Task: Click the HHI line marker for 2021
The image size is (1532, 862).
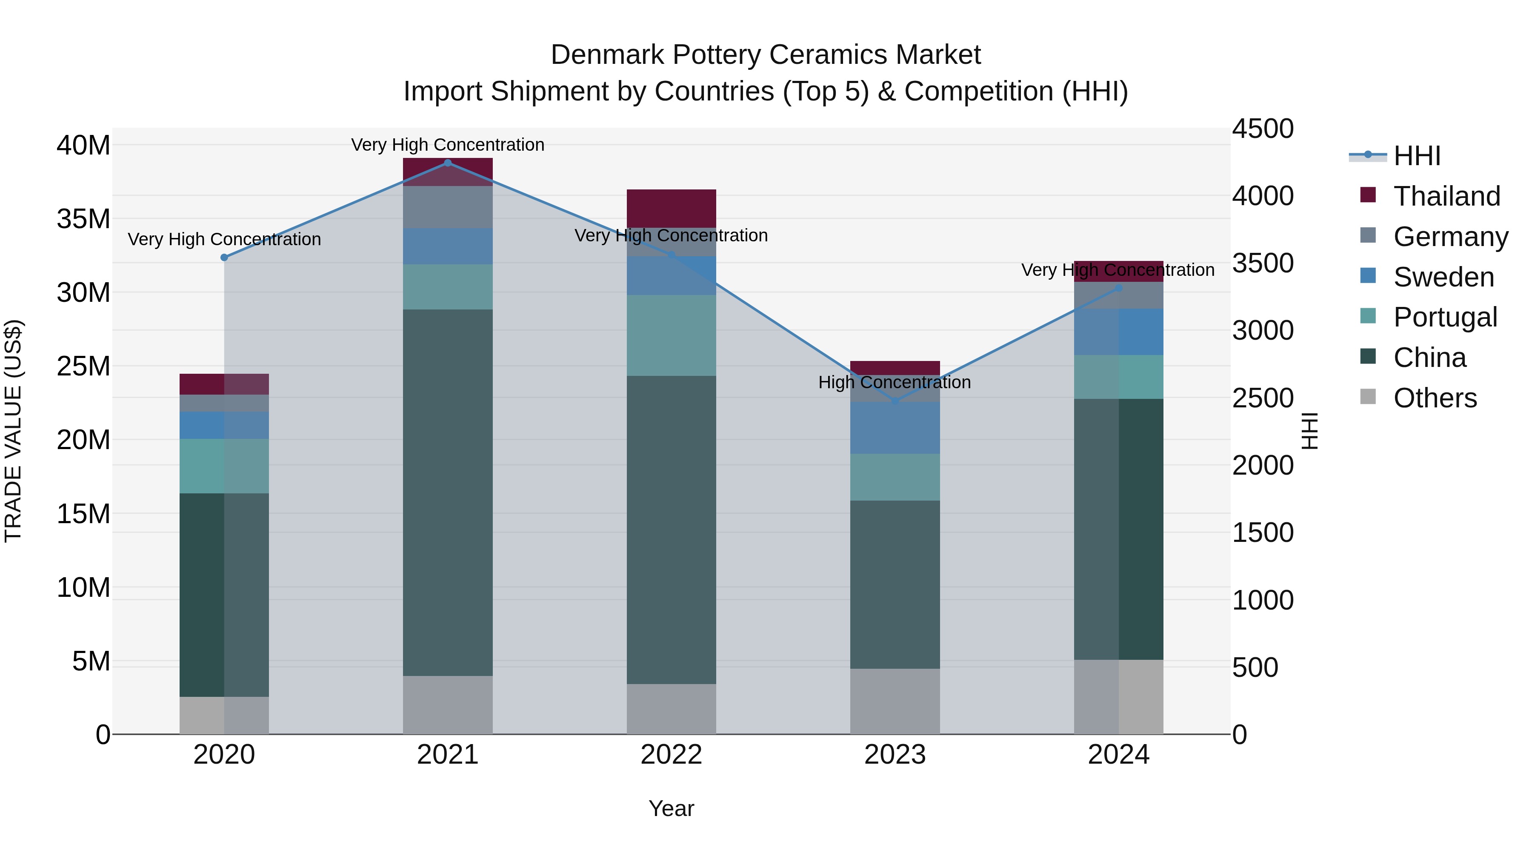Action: [448, 163]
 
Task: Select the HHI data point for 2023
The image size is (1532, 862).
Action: [895, 401]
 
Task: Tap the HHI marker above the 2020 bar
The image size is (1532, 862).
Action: [224, 258]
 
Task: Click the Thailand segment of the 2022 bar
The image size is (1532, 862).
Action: [672, 208]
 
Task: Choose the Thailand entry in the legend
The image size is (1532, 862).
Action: [1446, 196]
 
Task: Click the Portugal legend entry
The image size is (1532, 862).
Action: [1445, 317]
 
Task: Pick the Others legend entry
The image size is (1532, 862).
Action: [1435, 398]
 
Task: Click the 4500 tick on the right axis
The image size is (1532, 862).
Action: [1263, 129]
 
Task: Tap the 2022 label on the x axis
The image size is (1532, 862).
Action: [672, 755]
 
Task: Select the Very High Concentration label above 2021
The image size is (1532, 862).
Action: [448, 145]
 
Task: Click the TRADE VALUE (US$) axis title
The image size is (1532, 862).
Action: [13, 431]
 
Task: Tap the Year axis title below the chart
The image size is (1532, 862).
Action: [672, 808]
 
